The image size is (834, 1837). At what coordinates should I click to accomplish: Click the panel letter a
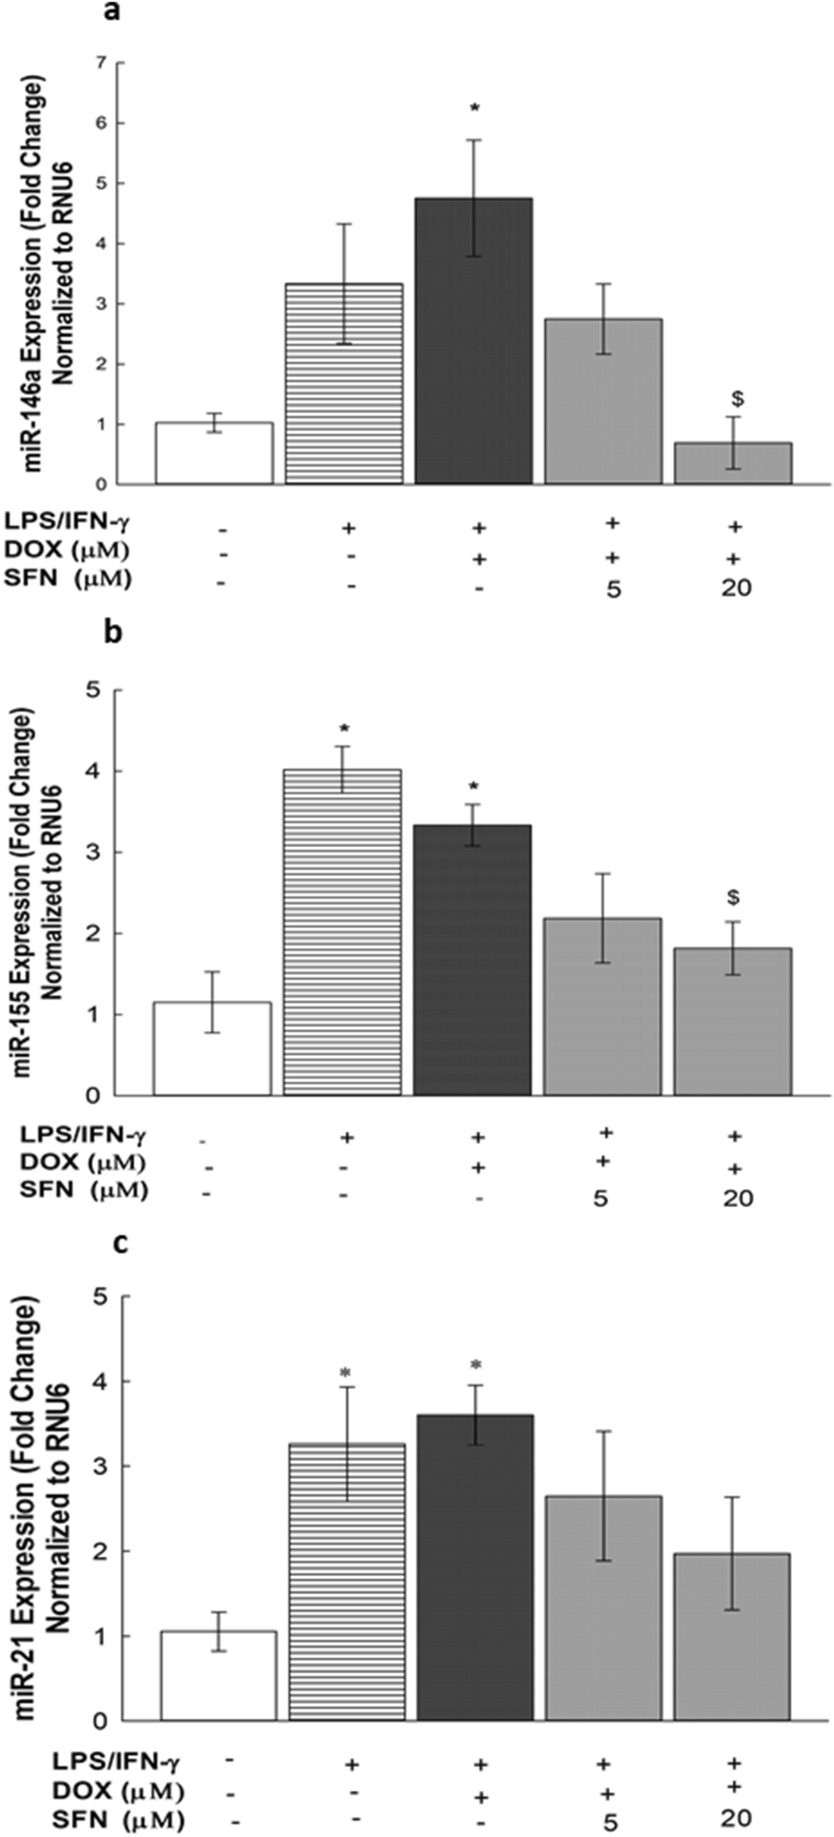[x=112, y=12]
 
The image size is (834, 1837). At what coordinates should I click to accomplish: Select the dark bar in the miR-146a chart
[x=473, y=340]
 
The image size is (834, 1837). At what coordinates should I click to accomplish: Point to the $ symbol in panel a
[x=736, y=400]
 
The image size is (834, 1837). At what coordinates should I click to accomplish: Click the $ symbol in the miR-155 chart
[x=732, y=898]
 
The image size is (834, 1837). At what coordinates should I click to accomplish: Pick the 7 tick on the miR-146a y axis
[x=100, y=62]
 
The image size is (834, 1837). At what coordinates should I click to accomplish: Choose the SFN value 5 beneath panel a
[x=614, y=589]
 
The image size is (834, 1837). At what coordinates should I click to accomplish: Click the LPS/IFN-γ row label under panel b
[x=84, y=1133]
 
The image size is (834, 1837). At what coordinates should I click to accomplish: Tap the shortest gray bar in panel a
[x=732, y=463]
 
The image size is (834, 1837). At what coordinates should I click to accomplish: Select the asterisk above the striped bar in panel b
[x=344, y=729]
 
